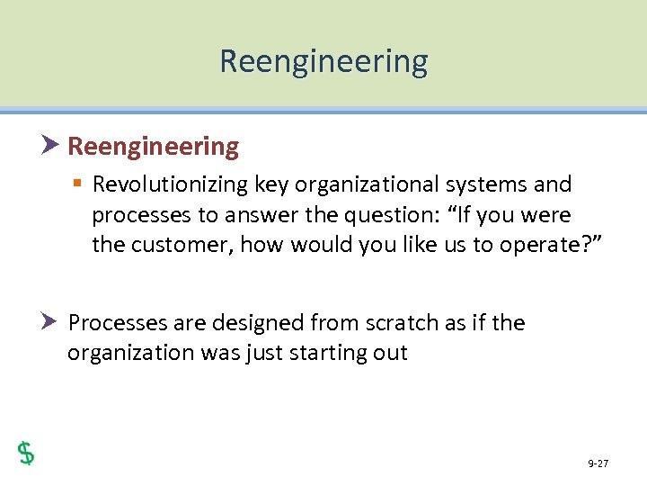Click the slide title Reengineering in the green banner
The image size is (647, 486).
pyautogui.click(x=323, y=61)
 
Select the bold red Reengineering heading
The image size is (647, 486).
pyautogui.click(x=154, y=147)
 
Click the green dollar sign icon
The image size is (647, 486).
pyautogui.click(x=26, y=453)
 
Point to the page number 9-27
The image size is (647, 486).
pyautogui.click(x=598, y=463)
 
